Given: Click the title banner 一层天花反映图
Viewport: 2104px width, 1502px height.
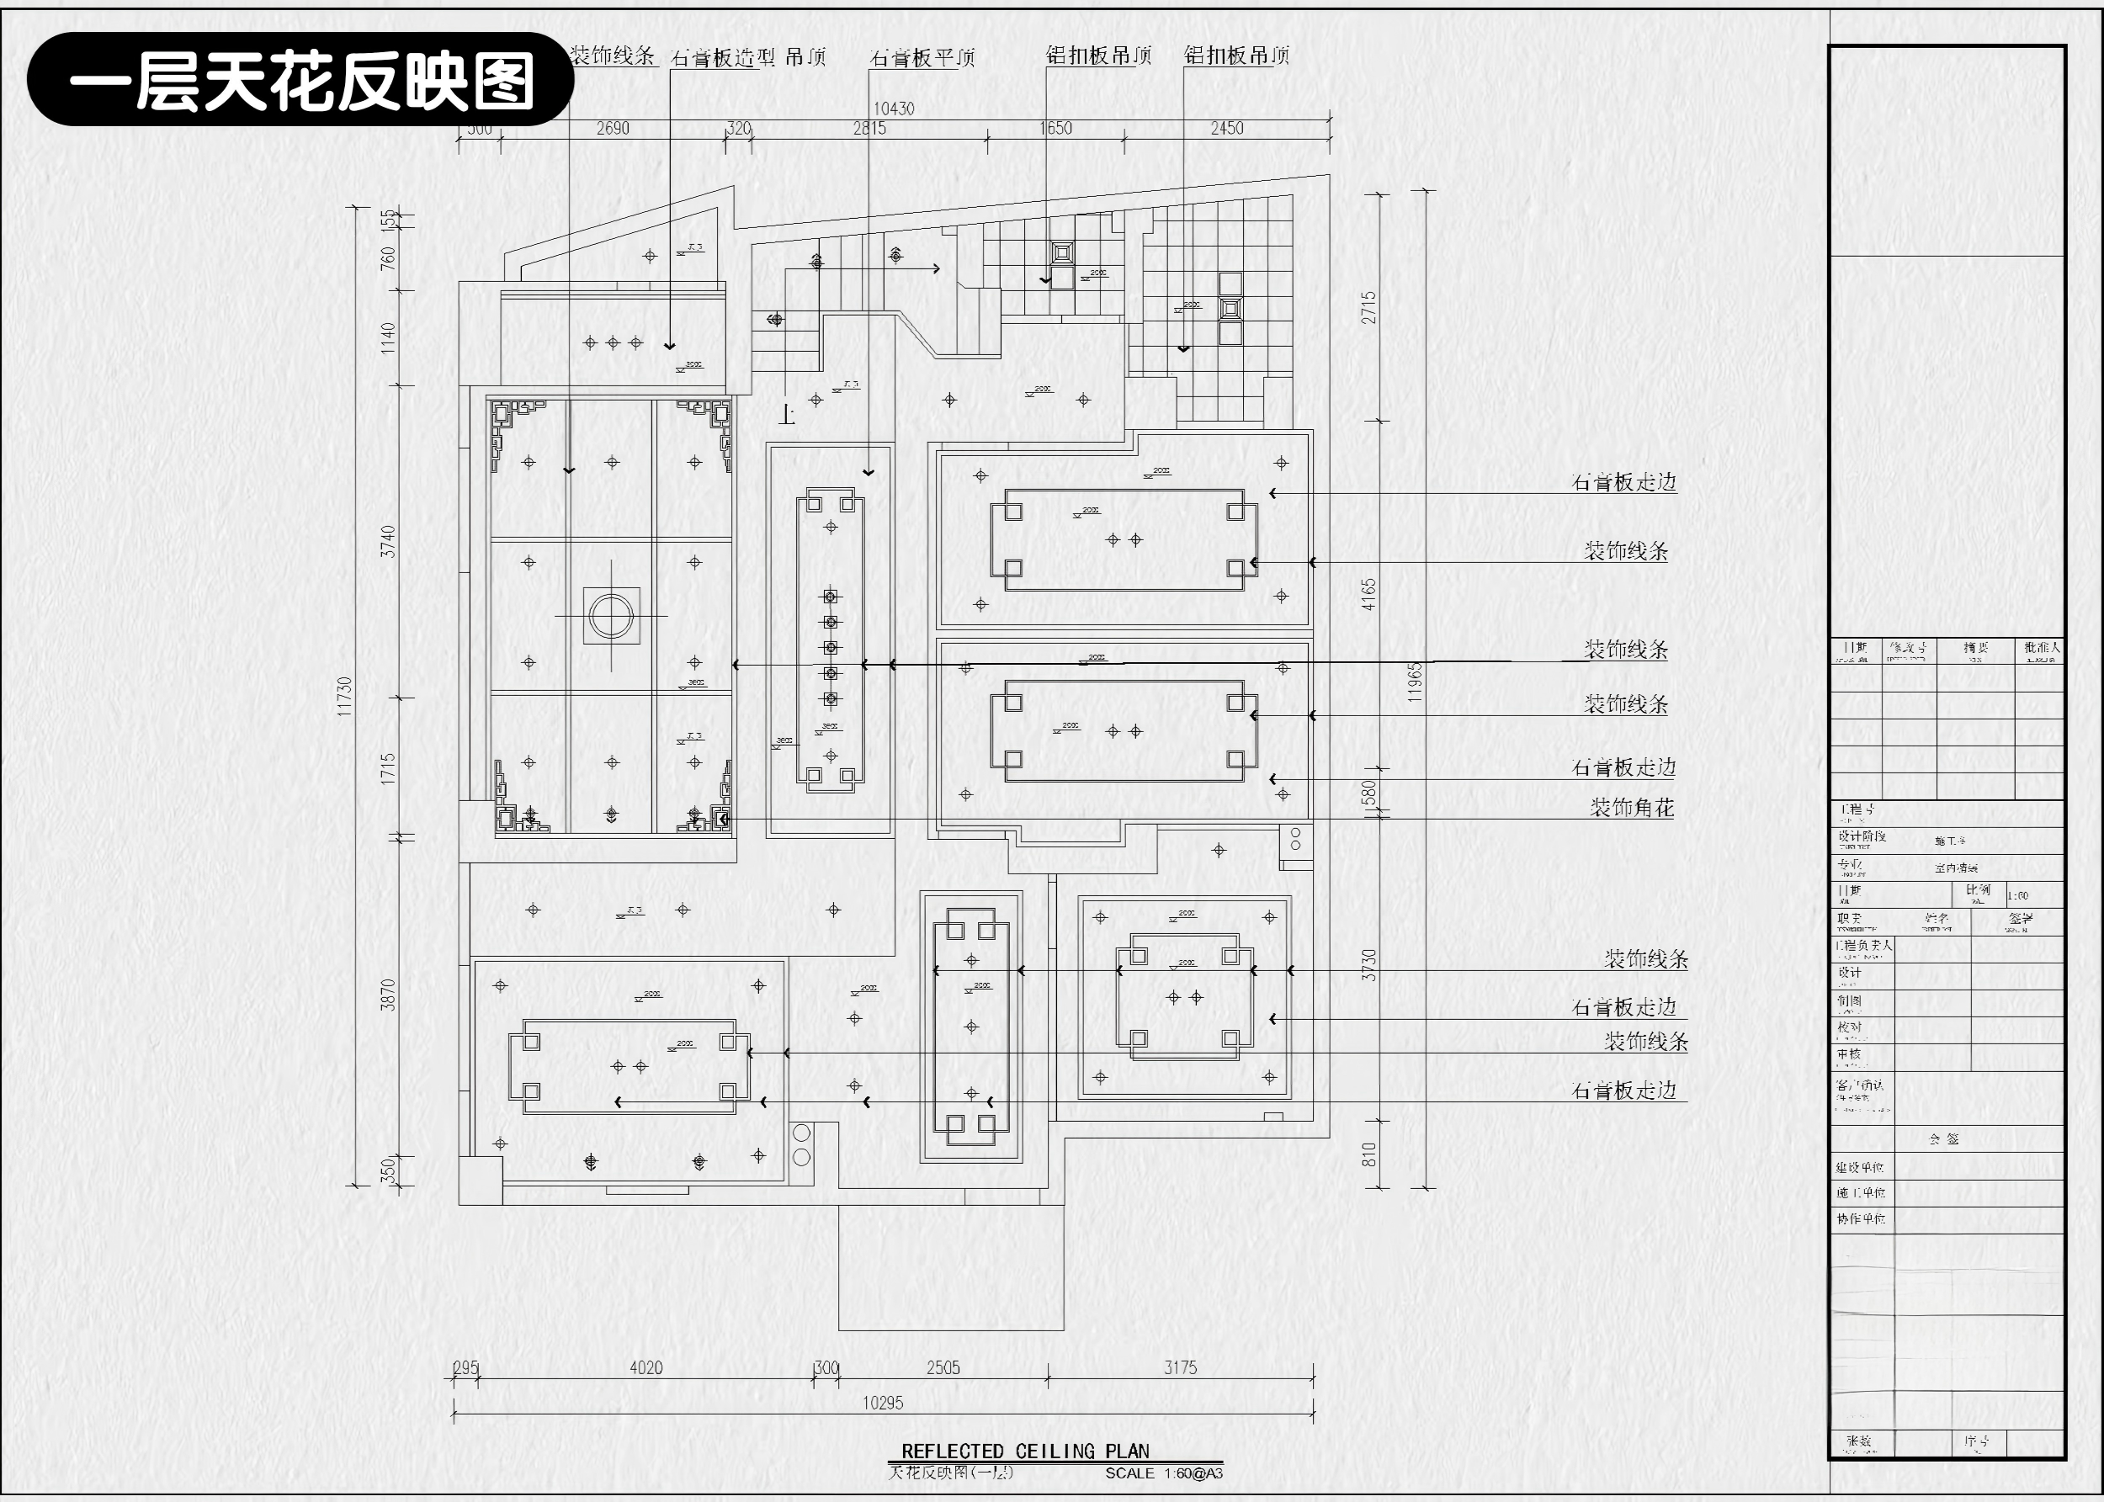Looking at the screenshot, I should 300,80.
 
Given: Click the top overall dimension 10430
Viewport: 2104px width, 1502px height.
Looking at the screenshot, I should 894,109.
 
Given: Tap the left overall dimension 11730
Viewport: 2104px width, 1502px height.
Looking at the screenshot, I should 345,696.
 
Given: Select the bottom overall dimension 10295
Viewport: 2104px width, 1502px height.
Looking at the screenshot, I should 882,1403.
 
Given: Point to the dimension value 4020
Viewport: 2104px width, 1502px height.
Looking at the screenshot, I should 646,1367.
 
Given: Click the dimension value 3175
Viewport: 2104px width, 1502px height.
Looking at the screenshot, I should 1180,1367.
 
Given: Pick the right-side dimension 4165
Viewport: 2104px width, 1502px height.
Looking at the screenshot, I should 1368,594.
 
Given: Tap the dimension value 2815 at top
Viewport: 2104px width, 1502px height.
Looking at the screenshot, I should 869,129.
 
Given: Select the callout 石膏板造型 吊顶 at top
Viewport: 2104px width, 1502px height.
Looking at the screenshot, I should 748,57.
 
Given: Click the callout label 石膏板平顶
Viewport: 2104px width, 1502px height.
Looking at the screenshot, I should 922,57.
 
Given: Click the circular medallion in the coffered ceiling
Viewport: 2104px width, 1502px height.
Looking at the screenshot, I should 611,616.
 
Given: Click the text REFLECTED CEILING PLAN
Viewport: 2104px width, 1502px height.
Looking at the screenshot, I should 1025,1452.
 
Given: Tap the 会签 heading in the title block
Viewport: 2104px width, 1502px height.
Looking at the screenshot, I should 1944,1139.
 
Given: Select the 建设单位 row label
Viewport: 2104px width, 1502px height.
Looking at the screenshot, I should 1860,1168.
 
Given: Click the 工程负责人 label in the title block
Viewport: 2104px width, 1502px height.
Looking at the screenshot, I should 1863,946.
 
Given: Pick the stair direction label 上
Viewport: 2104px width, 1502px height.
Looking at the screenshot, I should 787,416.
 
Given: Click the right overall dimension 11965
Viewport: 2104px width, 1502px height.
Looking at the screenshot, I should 1414,682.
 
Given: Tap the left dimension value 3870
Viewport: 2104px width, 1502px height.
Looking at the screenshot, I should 389,995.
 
